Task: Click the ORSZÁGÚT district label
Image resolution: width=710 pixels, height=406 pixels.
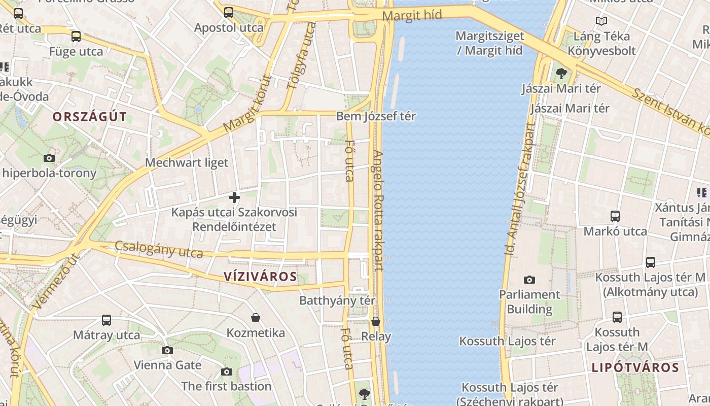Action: [x=89, y=117]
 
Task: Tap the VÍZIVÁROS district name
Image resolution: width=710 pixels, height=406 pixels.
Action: [x=260, y=277]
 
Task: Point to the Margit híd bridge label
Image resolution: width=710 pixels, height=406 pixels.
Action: [x=412, y=15]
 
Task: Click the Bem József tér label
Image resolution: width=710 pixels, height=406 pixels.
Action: [x=376, y=116]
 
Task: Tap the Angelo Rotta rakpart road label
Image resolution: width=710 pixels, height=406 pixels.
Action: [x=378, y=210]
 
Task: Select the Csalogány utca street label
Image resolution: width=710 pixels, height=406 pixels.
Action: [x=159, y=249]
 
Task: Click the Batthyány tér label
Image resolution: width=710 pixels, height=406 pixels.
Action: [x=337, y=300]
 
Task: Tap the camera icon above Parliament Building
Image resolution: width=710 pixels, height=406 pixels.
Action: [x=529, y=280]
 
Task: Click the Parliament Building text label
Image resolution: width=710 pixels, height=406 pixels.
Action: [x=529, y=301]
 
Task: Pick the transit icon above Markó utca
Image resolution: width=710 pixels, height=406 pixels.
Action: [x=615, y=216]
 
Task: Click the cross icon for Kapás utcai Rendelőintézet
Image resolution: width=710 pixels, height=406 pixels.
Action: [x=234, y=197]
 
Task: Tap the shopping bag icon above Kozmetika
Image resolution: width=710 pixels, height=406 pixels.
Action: [x=256, y=318]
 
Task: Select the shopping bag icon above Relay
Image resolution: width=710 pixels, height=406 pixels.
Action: [x=376, y=321]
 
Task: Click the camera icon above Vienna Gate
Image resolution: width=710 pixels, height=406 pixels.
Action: [x=167, y=350]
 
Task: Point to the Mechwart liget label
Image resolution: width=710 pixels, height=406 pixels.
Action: [x=187, y=163]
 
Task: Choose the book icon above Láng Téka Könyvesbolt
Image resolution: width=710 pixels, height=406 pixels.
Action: [x=601, y=21]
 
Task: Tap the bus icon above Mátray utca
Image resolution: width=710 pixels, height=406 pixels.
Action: [x=106, y=320]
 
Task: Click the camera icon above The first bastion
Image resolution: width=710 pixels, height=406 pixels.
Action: [x=227, y=371]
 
